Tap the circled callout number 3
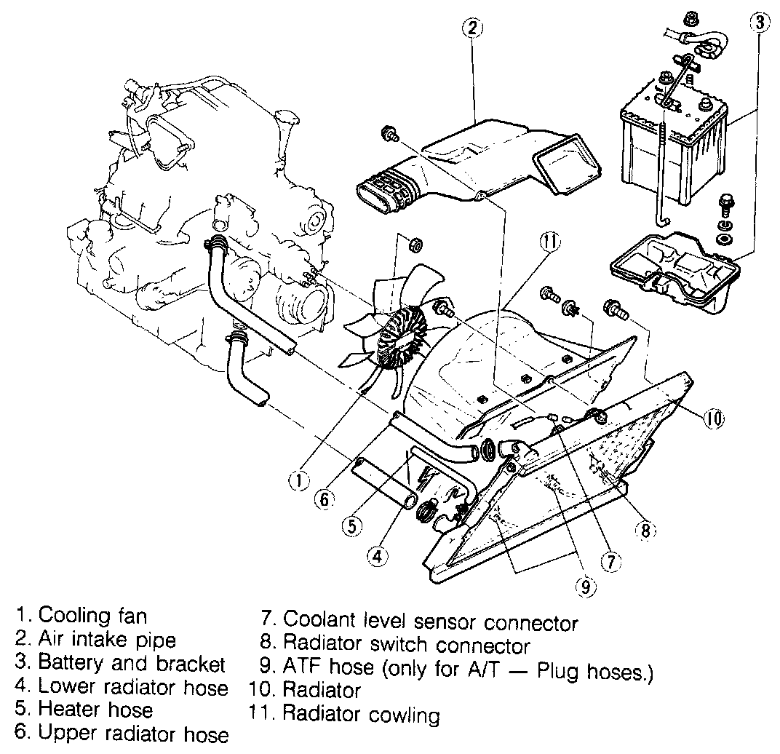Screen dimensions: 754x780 [x=758, y=22]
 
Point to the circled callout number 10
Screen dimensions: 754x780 [x=714, y=418]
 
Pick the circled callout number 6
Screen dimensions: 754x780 [x=325, y=499]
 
